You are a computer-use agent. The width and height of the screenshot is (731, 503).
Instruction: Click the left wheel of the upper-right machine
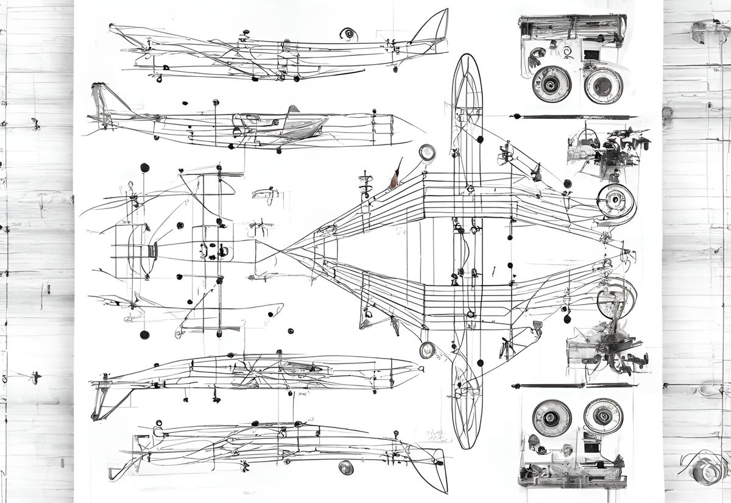(x=551, y=84)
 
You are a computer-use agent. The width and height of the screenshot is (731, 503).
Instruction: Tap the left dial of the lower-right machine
(x=551, y=418)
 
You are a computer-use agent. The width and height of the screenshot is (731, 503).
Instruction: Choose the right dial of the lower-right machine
(x=602, y=416)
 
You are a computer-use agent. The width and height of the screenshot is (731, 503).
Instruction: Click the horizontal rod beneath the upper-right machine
(x=573, y=116)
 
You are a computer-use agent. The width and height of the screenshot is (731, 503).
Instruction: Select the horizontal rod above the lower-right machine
(x=573, y=385)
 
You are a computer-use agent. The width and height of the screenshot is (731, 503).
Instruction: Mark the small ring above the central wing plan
(x=427, y=152)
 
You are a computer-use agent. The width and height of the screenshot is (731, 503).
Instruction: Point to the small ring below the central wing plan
(x=427, y=349)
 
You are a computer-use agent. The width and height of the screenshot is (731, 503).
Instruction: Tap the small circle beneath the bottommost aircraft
(x=346, y=468)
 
